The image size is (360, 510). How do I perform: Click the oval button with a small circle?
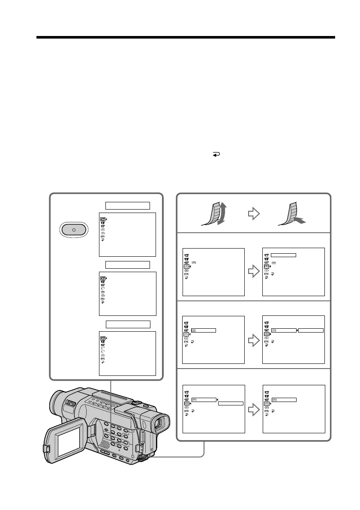pos(74,230)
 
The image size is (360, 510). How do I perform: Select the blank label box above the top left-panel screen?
pos(128,205)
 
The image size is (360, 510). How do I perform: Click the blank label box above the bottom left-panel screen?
pos(128,324)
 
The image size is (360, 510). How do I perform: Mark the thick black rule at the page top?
pos(186,38)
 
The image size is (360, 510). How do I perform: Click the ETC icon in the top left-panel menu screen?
pos(102,236)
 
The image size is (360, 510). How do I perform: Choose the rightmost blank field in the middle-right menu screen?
pos(311,330)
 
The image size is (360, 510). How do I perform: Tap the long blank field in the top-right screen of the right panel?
pos(284,255)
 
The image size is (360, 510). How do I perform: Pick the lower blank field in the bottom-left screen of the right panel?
pos(231,403)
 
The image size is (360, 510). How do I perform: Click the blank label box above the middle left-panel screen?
pos(128,264)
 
